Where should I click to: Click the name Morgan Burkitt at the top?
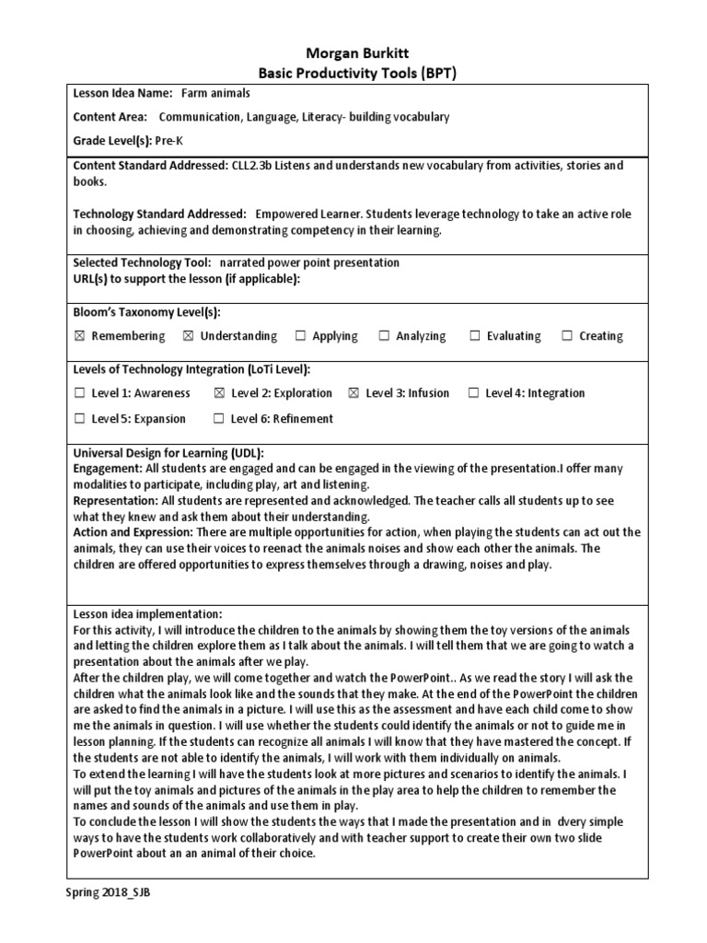353,53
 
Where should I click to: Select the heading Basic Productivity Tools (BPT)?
353,73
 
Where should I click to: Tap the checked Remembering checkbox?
79,336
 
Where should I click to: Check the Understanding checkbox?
189,336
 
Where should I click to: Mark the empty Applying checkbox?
301,336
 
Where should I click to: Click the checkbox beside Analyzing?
384,336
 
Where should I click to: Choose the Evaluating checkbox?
475,336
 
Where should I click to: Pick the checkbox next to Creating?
567,336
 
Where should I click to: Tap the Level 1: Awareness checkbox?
79,393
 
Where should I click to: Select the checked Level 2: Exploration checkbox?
219,393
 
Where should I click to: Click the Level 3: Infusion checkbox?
353,393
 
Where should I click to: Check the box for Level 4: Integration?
473,393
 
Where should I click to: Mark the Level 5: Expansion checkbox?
79,419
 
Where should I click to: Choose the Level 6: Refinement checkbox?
219,419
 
